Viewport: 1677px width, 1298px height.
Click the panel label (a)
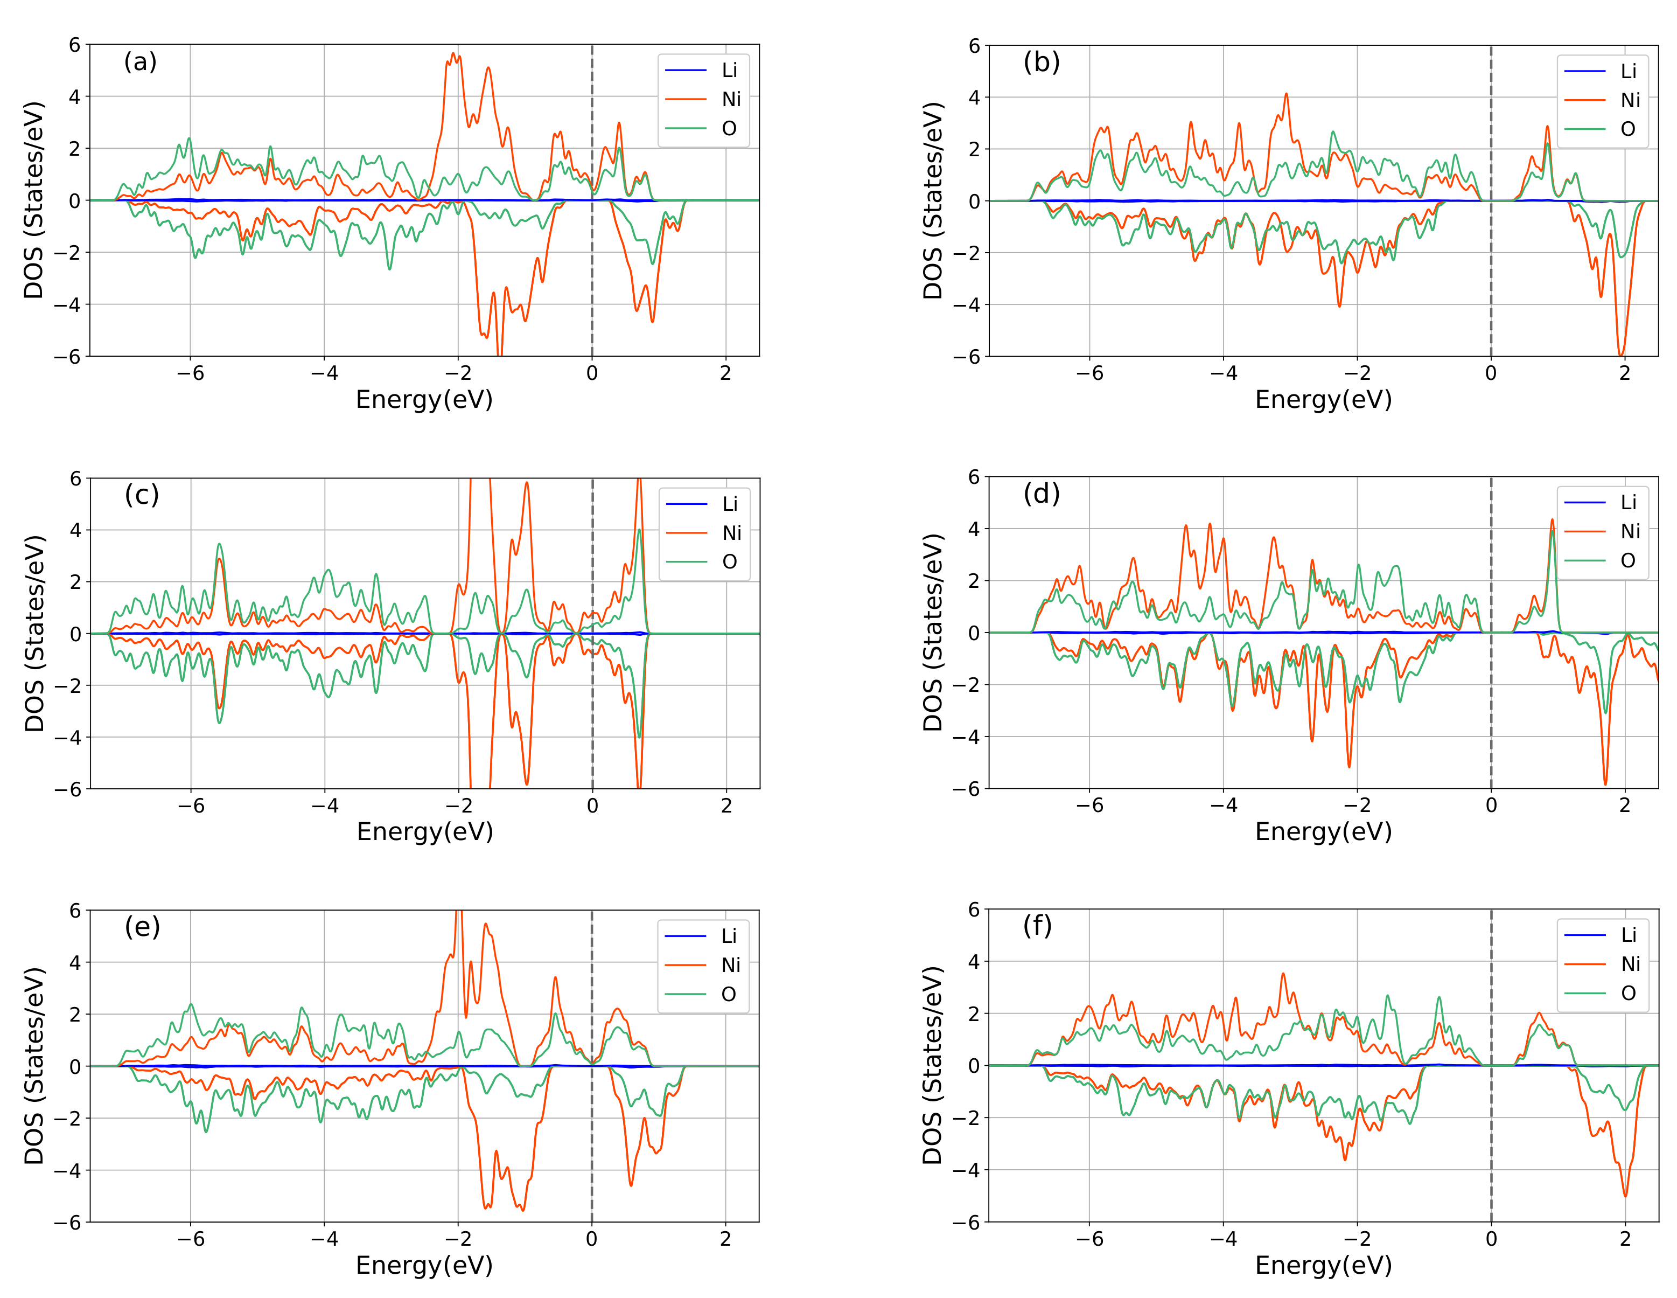[141, 61]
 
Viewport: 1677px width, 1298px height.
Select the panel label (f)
[1037, 926]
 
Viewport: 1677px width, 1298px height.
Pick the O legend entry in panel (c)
[730, 561]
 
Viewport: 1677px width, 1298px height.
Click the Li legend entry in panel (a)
[729, 70]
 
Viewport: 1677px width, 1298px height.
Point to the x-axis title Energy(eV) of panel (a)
[424, 399]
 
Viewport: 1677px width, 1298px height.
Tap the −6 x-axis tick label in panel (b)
[1089, 374]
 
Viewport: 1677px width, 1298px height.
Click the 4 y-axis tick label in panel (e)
[74, 962]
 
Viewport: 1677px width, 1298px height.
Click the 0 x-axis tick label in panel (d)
[1491, 805]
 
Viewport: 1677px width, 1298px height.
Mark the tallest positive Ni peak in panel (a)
[453, 54]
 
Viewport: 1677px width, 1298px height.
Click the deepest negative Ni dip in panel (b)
[1621, 354]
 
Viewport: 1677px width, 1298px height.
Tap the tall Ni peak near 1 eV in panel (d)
[1552, 520]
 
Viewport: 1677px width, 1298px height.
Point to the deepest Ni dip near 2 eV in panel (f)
[1625, 1195]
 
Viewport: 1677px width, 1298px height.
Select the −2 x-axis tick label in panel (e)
[458, 1238]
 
